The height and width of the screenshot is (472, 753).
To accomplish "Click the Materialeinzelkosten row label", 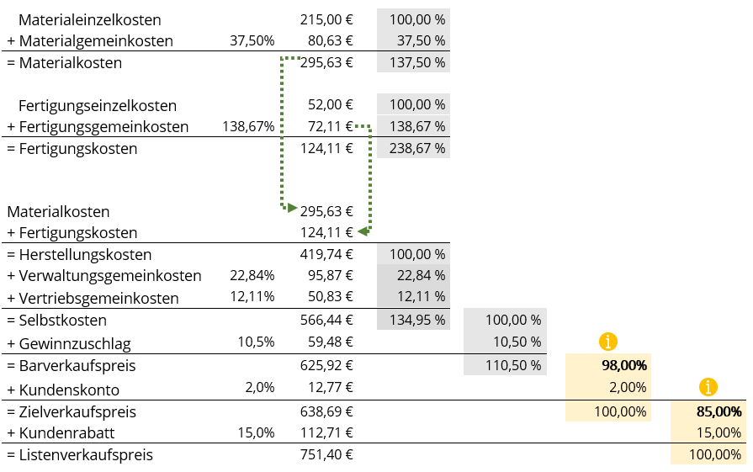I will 89,19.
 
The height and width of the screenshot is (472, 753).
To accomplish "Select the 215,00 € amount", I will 326,19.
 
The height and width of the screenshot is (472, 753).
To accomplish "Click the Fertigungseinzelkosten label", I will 98,105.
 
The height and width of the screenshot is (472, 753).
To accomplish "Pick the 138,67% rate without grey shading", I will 248,127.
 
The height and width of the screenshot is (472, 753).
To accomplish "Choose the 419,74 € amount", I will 326,254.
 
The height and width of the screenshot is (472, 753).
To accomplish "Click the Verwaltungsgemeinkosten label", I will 103,276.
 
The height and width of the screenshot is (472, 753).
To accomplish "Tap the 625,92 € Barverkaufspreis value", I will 326,366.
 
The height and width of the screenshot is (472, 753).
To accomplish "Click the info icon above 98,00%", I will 607,342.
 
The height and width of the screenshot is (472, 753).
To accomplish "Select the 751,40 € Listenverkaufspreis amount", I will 326,454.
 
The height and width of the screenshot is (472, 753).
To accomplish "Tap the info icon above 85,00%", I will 708,387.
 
